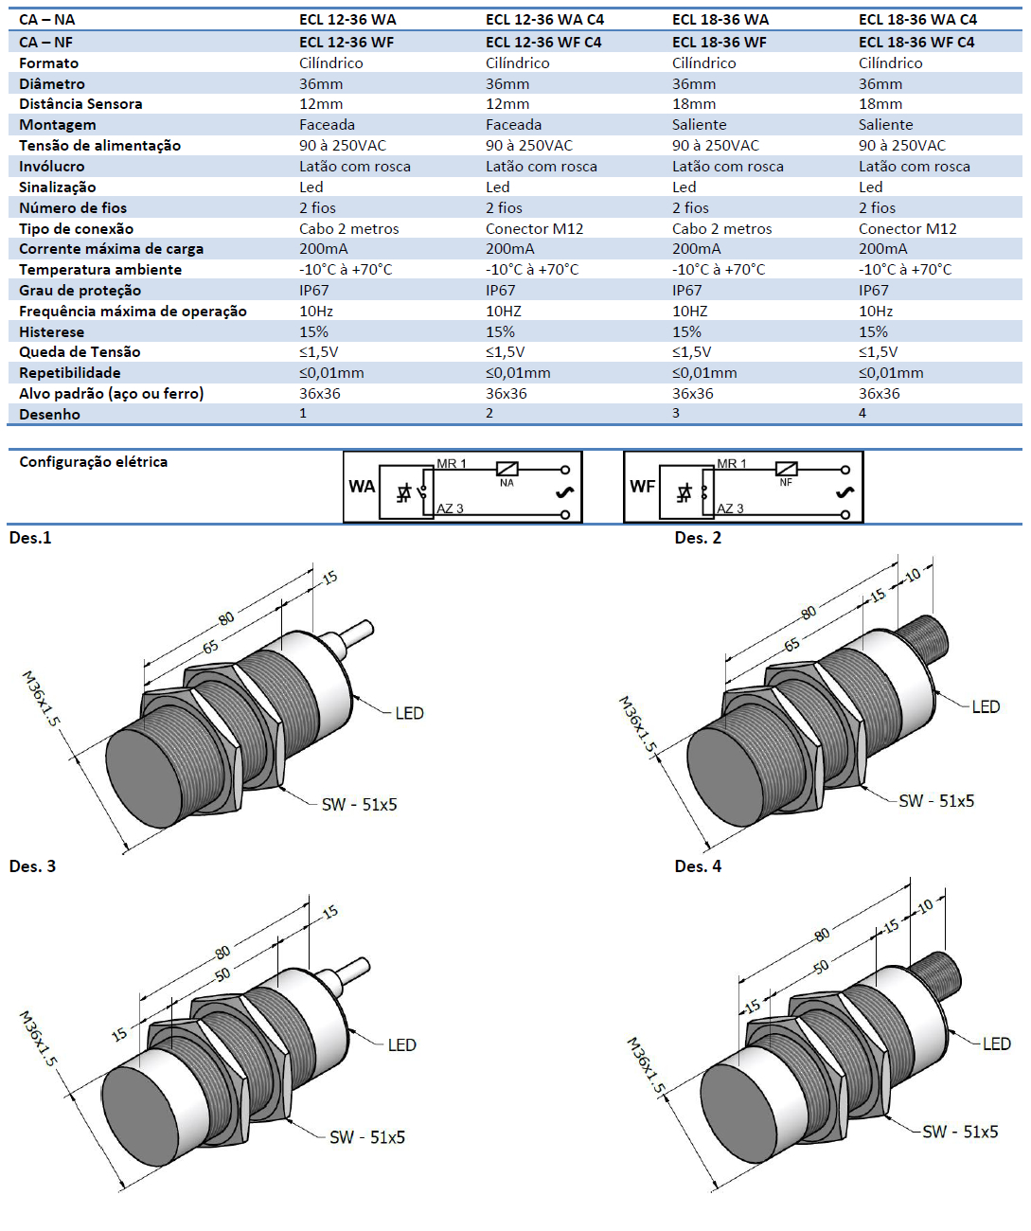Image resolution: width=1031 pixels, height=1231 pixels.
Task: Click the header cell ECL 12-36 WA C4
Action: (x=544, y=19)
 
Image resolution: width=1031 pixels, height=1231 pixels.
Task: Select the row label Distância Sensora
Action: (x=80, y=104)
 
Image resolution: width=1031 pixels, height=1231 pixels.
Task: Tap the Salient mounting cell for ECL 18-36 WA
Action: (x=700, y=125)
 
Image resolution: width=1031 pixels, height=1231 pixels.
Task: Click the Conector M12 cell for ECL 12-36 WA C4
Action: (x=534, y=229)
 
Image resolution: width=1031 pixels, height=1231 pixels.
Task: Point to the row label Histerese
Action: (x=51, y=332)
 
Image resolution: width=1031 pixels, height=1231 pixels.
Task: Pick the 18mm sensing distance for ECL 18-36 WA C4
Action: (x=880, y=104)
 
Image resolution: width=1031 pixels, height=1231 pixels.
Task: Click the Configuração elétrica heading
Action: (x=93, y=462)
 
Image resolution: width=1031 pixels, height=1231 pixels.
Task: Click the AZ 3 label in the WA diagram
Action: (x=450, y=508)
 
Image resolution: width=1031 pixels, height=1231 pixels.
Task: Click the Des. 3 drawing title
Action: (x=32, y=866)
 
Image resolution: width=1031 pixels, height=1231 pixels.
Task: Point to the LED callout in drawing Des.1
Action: (x=409, y=713)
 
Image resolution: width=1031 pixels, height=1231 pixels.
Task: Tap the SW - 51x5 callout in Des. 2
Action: (x=936, y=801)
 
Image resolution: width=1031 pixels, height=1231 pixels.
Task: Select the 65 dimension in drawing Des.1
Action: (x=210, y=647)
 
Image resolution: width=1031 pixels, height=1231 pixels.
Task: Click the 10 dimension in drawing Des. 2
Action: (x=913, y=575)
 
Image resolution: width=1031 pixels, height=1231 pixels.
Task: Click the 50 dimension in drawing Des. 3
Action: (x=222, y=974)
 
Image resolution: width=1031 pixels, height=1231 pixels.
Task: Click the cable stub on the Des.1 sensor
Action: (x=356, y=633)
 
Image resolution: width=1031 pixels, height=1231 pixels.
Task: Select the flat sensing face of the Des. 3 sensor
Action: (x=140, y=1122)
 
